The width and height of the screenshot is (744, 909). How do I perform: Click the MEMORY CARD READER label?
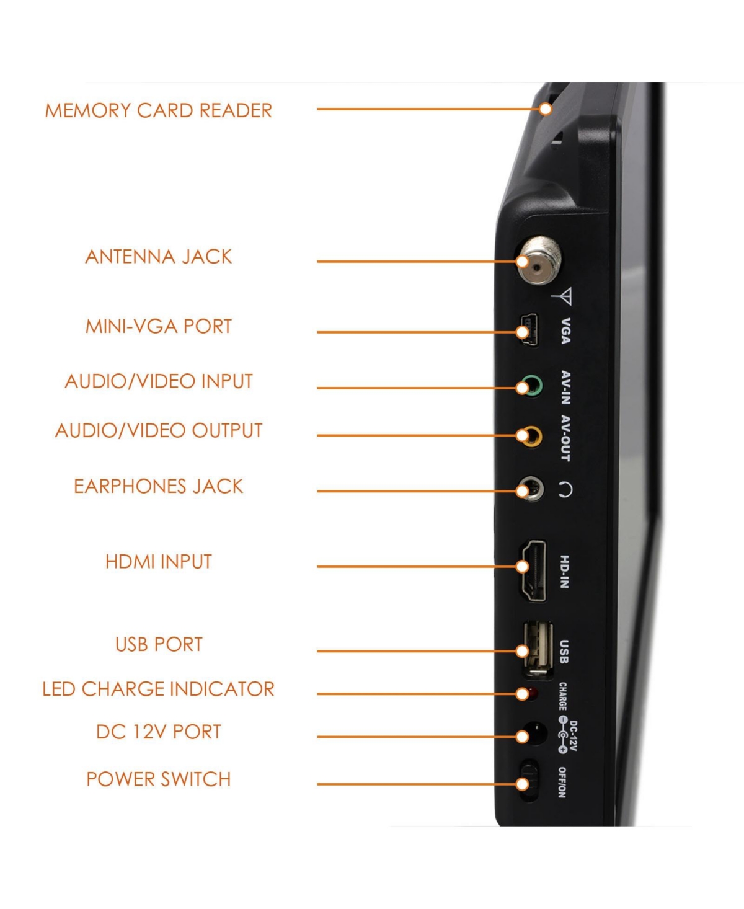click(x=159, y=111)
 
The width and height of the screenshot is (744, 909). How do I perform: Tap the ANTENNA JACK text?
click(x=159, y=257)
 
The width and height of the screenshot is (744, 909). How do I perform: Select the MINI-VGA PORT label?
click(x=159, y=326)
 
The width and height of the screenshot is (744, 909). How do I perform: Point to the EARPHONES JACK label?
click(x=159, y=486)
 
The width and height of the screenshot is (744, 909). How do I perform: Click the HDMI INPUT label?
click(x=159, y=562)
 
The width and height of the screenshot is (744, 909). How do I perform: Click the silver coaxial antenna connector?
click(x=539, y=260)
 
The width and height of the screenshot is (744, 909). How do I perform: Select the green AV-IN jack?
click(x=531, y=386)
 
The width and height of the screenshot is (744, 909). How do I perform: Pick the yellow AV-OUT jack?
click(x=531, y=436)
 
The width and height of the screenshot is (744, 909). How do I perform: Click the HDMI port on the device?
click(x=534, y=570)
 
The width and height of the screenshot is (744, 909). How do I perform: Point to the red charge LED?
click(x=533, y=693)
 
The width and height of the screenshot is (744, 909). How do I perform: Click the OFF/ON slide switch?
click(x=529, y=781)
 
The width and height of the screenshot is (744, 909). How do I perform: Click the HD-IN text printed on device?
click(x=565, y=572)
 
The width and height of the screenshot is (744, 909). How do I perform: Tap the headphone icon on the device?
click(x=565, y=490)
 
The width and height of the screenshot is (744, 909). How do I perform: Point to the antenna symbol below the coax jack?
click(x=562, y=296)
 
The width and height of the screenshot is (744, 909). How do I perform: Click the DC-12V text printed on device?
click(x=573, y=736)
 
